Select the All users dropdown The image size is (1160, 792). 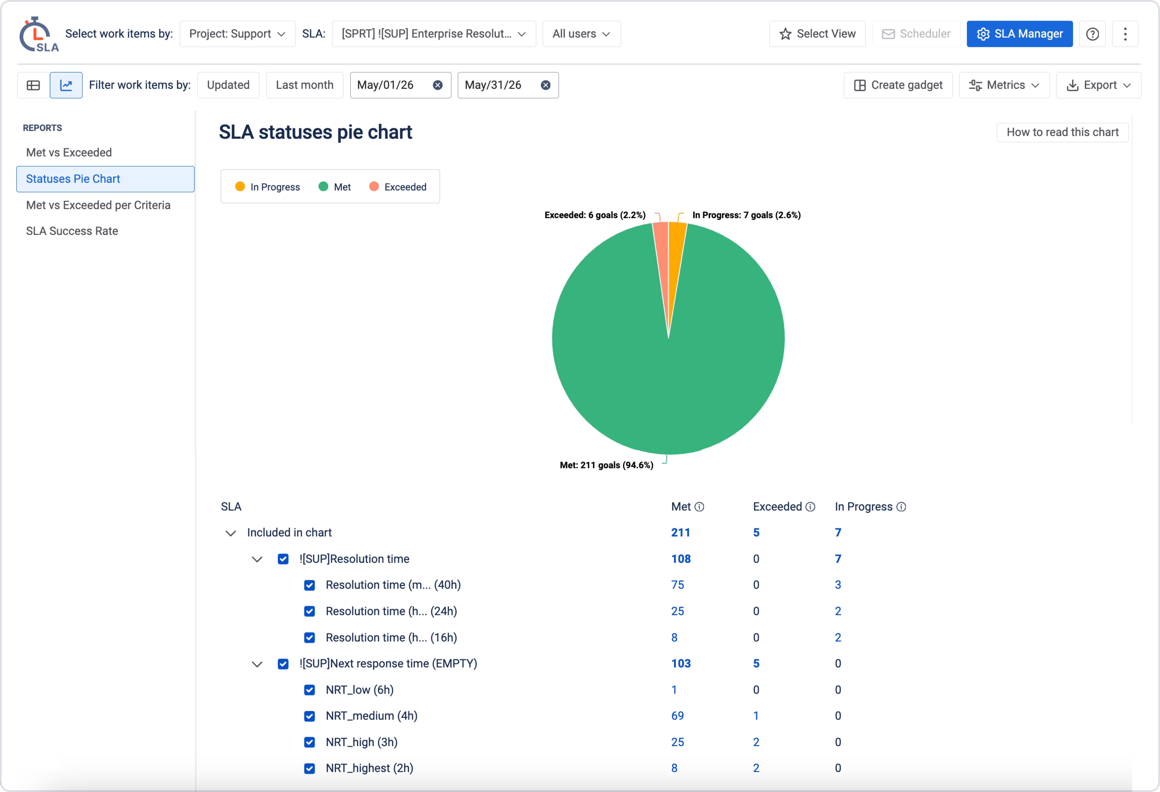point(582,34)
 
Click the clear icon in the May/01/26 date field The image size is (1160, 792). point(438,85)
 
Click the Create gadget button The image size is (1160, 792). point(898,85)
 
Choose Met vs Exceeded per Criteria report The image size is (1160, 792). point(98,205)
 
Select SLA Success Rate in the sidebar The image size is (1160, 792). point(72,231)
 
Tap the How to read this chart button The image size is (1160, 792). point(1062,132)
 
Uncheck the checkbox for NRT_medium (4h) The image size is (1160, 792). point(309,716)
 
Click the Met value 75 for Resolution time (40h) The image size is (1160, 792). point(677,585)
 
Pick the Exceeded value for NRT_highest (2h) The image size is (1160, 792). point(756,768)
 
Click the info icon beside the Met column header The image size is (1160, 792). point(699,507)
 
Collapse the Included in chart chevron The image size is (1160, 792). point(231,533)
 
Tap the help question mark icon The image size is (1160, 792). point(1092,34)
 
